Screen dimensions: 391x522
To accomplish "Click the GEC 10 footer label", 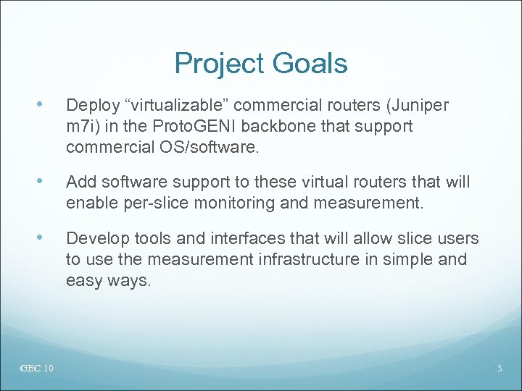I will click(x=37, y=369).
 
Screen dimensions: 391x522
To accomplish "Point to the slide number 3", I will click(x=500, y=369).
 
